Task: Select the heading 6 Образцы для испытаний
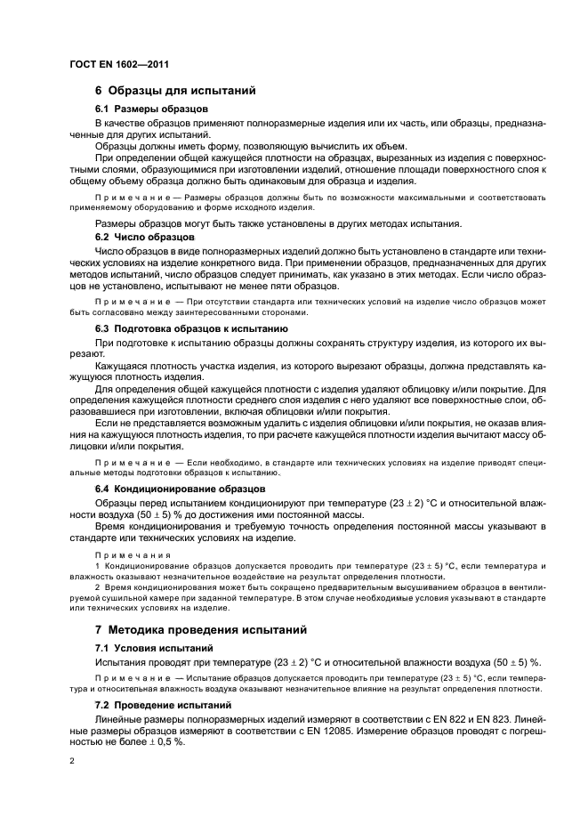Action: [x=175, y=91]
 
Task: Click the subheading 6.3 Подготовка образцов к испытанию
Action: [x=190, y=328]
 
